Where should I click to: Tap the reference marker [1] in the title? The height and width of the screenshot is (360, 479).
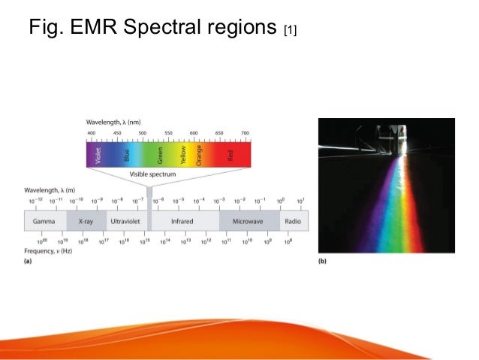click(290, 32)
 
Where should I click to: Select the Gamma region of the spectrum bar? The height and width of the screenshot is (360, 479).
click(45, 222)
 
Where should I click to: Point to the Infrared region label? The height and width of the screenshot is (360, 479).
click(185, 222)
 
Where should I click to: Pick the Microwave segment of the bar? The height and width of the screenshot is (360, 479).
click(249, 222)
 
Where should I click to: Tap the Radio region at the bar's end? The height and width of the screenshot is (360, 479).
click(292, 222)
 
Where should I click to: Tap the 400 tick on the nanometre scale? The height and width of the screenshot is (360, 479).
click(92, 133)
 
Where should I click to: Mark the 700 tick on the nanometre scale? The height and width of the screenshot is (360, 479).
click(245, 133)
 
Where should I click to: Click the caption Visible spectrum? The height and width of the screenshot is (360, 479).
click(153, 174)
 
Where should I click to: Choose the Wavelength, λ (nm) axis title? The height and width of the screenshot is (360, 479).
click(113, 122)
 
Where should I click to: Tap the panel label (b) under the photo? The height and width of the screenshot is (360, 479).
click(323, 261)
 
